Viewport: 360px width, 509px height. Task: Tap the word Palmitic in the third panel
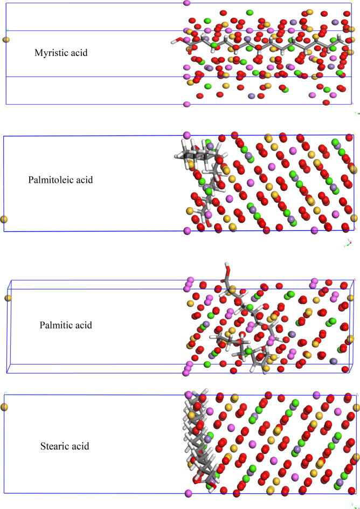(x=57, y=325)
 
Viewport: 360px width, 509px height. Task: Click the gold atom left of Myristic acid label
(x=6, y=39)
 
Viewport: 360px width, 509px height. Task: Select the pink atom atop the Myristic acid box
(x=187, y=3)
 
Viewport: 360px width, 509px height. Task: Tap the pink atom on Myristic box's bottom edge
(x=187, y=104)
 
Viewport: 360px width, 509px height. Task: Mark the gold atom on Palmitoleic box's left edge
(x=4, y=219)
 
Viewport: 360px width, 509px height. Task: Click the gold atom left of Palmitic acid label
(x=8, y=298)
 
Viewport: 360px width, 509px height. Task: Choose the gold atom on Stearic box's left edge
(x=4, y=407)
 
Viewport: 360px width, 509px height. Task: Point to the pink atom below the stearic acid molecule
(x=188, y=493)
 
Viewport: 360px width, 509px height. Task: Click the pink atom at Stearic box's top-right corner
(x=355, y=396)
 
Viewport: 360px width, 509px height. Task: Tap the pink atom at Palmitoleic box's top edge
(x=187, y=135)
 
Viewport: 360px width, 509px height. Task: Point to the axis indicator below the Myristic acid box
(x=356, y=113)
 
